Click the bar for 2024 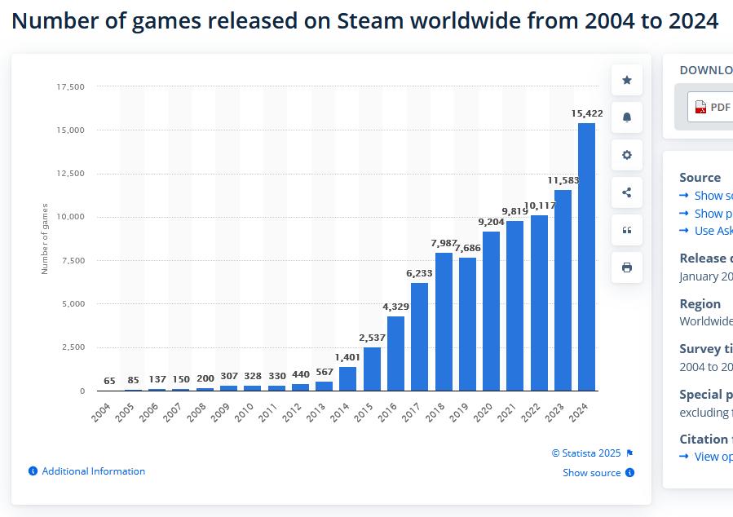click(x=586, y=257)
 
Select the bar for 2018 click(x=444, y=322)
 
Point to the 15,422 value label click(x=587, y=113)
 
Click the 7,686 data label click(x=468, y=248)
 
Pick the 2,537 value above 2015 click(x=372, y=337)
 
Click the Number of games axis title click(x=46, y=238)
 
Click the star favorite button click(x=627, y=80)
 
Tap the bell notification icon click(x=627, y=117)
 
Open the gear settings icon click(x=627, y=155)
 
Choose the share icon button click(x=627, y=192)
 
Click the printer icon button click(x=627, y=267)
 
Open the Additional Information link click(x=93, y=471)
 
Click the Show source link click(x=592, y=473)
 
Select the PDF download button click(x=711, y=107)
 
